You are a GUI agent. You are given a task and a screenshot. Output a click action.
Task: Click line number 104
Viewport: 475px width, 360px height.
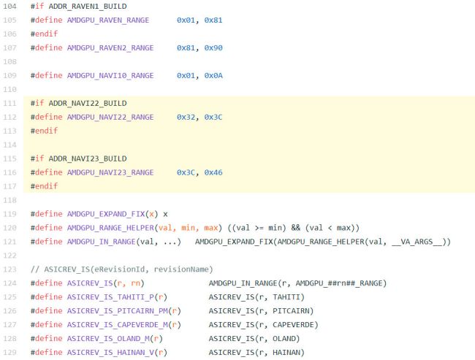click(x=9, y=7)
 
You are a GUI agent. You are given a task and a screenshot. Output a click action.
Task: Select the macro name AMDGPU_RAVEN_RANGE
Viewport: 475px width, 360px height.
click(x=108, y=20)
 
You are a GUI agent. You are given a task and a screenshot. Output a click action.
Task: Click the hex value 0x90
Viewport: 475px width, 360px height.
click(x=213, y=48)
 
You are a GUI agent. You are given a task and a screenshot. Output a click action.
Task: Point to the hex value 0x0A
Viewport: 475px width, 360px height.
click(x=213, y=76)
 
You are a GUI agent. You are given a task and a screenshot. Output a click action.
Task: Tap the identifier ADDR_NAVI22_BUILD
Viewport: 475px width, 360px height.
click(x=88, y=103)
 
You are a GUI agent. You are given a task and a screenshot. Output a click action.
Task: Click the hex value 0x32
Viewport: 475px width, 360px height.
click(x=186, y=117)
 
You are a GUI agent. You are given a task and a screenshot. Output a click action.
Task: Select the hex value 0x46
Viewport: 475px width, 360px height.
click(x=213, y=172)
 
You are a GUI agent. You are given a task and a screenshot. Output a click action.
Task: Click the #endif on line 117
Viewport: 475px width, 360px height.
click(x=44, y=186)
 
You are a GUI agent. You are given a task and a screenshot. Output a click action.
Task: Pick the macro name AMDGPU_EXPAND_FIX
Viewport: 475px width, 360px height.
click(x=106, y=214)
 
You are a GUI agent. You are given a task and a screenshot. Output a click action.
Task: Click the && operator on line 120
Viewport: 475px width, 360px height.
click(x=296, y=228)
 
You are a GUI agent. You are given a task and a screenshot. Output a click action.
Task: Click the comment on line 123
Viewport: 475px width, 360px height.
click(x=122, y=269)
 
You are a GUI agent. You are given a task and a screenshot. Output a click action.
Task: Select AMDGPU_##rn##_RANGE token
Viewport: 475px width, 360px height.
click(x=338, y=283)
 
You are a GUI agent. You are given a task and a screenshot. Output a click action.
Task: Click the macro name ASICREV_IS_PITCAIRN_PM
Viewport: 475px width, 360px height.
click(x=117, y=311)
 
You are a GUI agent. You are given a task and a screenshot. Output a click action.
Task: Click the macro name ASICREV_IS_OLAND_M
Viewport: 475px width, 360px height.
click(x=108, y=339)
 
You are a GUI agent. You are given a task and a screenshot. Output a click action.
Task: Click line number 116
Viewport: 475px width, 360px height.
click(x=9, y=172)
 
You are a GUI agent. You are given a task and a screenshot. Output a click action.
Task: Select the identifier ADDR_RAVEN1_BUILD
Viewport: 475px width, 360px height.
click(x=88, y=7)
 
